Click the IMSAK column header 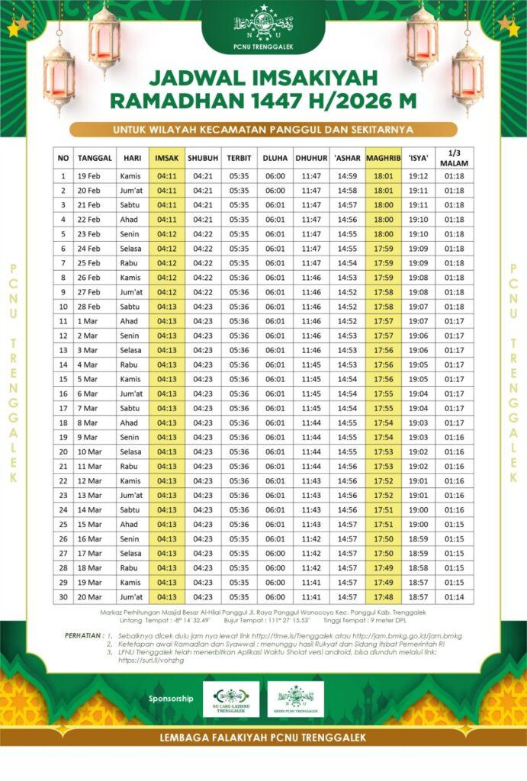(x=167, y=158)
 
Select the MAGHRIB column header (x=383, y=158)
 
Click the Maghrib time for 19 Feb (x=383, y=176)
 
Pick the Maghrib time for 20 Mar (x=383, y=596)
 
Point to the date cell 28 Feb (x=94, y=307)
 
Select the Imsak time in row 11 (x=167, y=321)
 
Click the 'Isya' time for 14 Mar (x=419, y=509)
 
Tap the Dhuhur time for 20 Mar (x=310, y=596)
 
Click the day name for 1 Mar (x=129, y=321)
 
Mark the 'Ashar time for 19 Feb (x=347, y=176)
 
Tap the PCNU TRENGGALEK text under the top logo (x=263, y=47)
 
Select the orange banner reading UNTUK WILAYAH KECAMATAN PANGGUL (x=263, y=129)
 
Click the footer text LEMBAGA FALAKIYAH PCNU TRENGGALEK (x=263, y=738)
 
